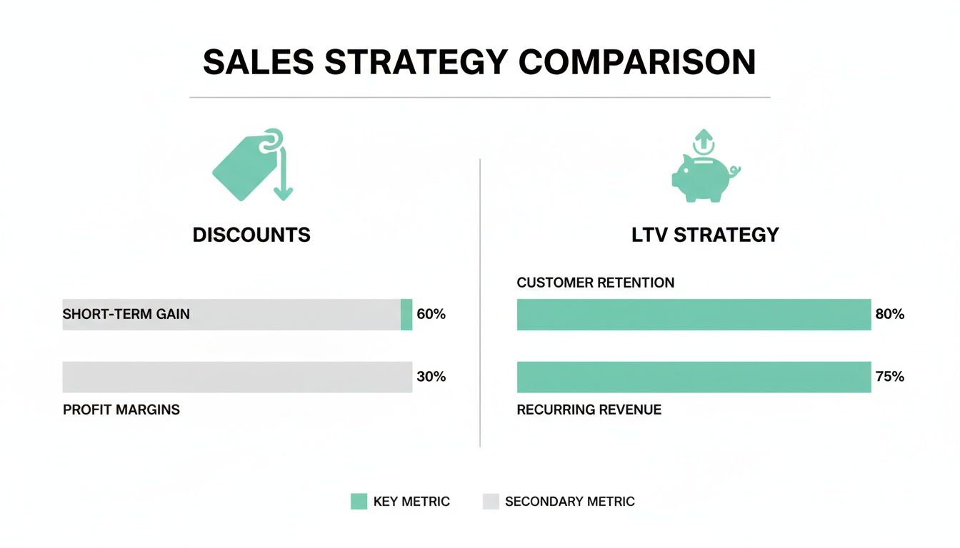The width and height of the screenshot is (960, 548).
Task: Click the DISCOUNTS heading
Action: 251,235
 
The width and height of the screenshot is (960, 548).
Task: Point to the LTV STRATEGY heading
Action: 705,235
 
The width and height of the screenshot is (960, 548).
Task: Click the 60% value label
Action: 431,314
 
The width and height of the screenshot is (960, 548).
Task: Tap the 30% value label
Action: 431,377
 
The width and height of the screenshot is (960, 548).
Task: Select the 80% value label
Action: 889,314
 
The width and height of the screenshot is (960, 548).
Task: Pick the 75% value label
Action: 889,377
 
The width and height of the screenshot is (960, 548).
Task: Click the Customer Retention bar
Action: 694,315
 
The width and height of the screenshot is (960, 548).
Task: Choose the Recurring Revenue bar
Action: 694,377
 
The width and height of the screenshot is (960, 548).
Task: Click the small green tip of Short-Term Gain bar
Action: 406,315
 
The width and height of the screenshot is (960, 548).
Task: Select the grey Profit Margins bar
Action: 237,377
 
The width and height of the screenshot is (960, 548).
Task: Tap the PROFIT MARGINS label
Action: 121,410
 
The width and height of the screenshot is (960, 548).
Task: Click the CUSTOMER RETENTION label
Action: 595,283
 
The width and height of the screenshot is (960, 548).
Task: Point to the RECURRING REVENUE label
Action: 589,410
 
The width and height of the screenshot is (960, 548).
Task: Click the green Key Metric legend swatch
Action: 359,502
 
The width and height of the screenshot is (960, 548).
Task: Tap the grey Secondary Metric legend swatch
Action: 491,502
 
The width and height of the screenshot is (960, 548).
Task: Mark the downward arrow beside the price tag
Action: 284,175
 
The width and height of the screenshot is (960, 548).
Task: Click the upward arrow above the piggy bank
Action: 704,138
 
